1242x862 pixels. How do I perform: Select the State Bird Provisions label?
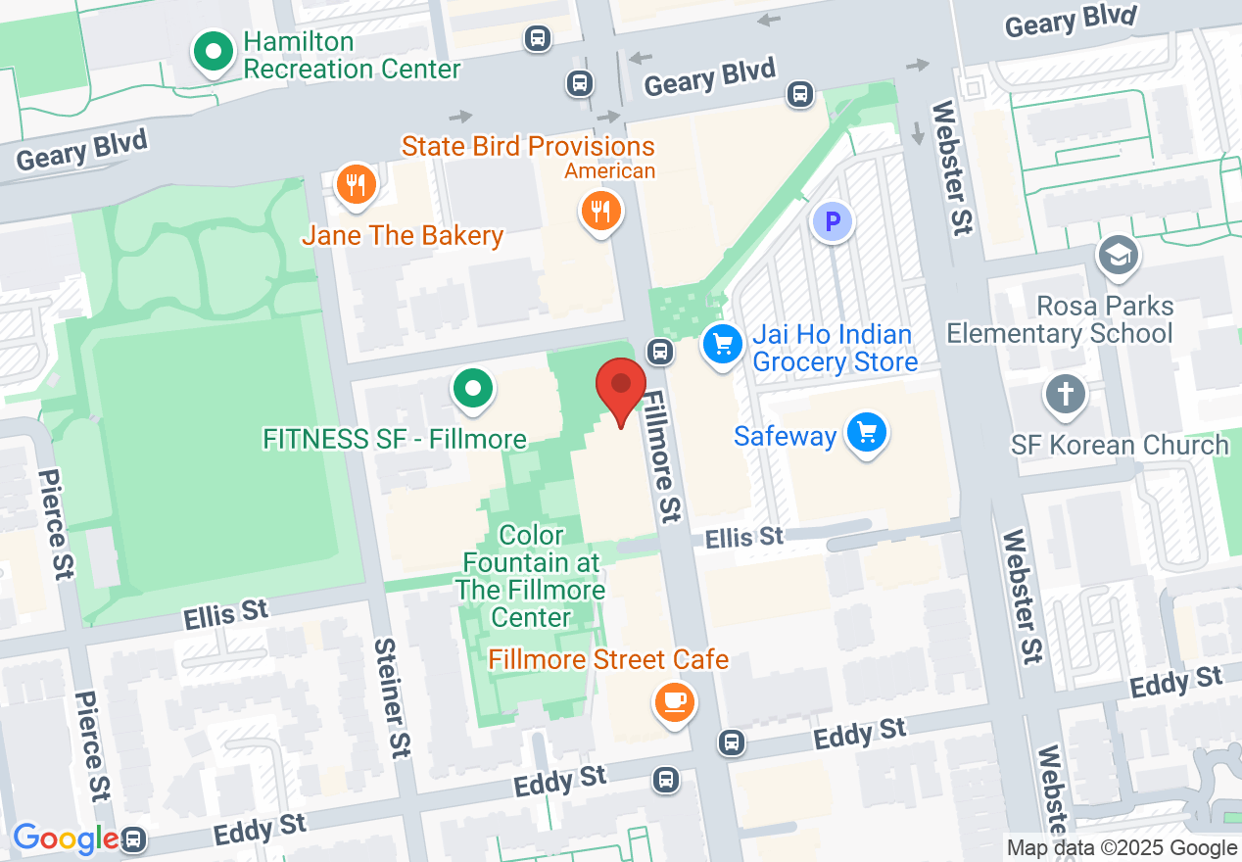(528, 147)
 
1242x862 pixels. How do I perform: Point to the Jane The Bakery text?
(403, 236)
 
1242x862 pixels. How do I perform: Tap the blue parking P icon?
(833, 222)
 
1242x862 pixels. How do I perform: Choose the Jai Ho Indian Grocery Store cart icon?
(723, 344)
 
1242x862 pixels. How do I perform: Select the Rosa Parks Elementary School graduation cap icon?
(1118, 255)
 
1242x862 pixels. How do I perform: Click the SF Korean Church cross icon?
(1066, 395)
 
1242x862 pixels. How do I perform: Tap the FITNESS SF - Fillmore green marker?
(473, 388)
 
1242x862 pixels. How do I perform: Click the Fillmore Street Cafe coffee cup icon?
(674, 701)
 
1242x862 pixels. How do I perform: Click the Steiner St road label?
(392, 697)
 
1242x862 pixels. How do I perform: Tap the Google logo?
(64, 839)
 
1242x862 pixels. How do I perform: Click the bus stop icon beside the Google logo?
(133, 839)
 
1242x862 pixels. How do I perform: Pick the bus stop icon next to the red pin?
(660, 350)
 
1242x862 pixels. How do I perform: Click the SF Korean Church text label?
(1120, 445)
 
